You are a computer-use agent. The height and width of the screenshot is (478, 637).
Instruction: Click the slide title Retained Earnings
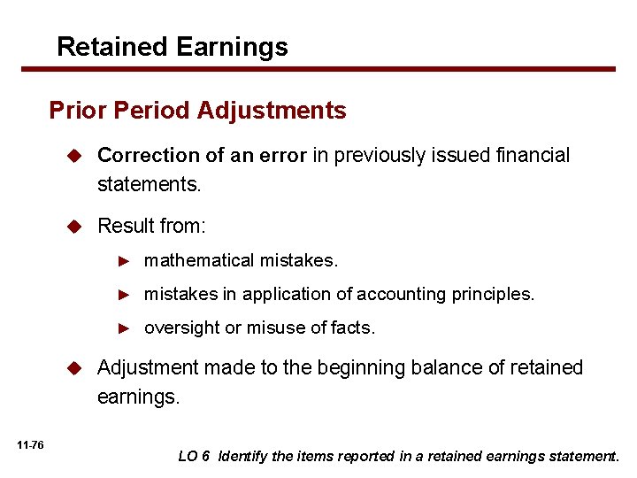coord(172,46)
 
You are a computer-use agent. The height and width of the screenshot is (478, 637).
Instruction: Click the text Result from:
coord(151,226)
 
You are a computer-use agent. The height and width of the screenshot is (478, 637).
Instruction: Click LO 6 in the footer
coord(195,457)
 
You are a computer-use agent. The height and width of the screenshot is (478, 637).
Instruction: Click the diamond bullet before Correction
coord(76,156)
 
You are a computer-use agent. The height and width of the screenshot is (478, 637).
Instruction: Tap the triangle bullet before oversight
coord(126,328)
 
